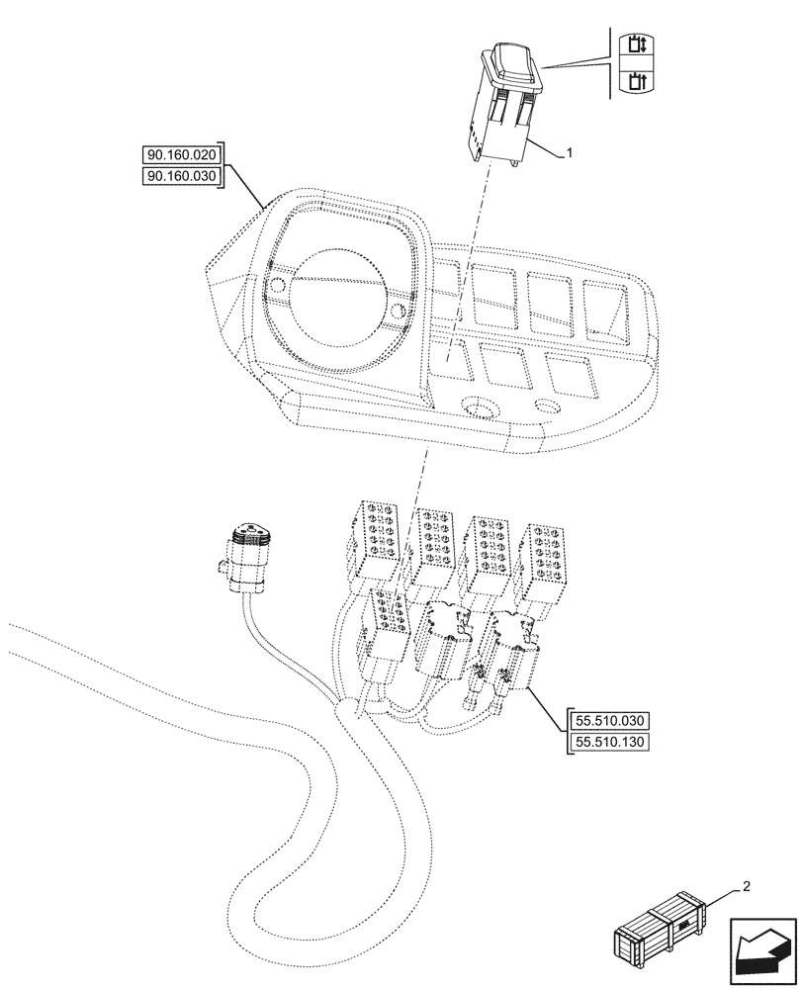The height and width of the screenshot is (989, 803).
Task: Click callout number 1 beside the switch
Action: (x=570, y=154)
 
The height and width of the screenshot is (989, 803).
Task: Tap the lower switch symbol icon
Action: (x=629, y=80)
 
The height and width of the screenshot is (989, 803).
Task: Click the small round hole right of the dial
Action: (x=398, y=314)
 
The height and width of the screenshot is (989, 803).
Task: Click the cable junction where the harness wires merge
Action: (x=345, y=708)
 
